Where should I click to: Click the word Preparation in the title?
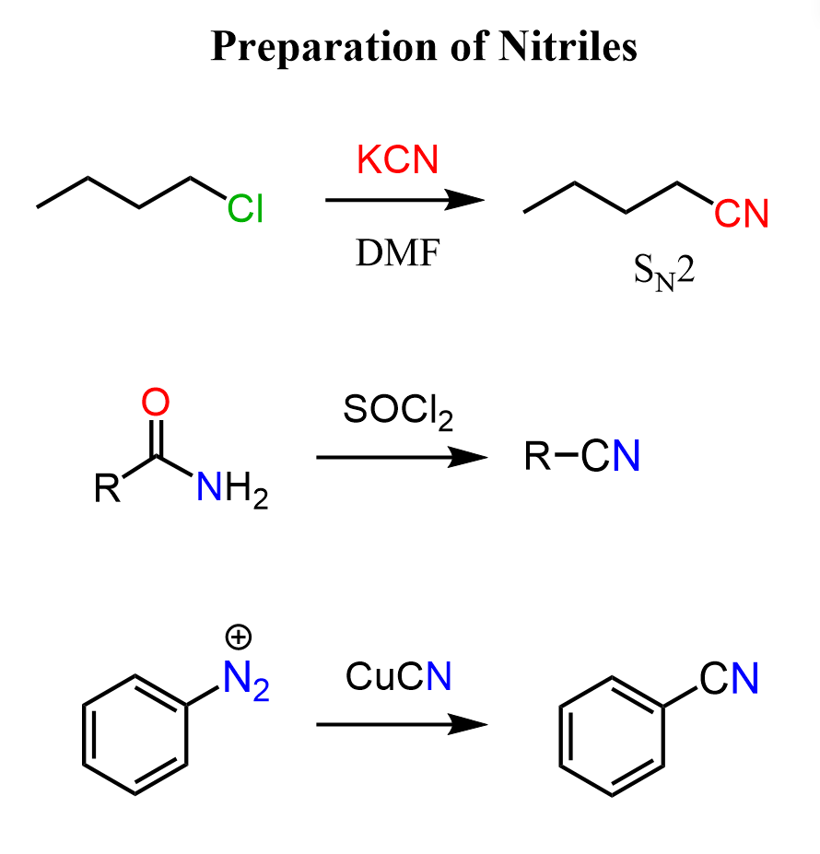[323, 47]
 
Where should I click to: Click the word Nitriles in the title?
[568, 46]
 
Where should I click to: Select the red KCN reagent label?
[397, 159]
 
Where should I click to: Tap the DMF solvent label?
[397, 252]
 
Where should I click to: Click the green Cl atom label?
[245, 208]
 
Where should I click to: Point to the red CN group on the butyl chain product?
[741, 214]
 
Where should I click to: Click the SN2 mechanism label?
[664, 272]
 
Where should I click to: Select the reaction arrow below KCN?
[404, 200]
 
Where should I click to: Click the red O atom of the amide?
[156, 402]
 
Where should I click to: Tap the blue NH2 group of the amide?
[232, 488]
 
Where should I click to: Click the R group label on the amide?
[107, 487]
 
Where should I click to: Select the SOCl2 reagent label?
[398, 412]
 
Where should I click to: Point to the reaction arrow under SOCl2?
[402, 457]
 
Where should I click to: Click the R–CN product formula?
[582, 455]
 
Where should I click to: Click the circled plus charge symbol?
[238, 637]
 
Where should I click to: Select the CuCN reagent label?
[398, 676]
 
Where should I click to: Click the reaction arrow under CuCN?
[402, 724]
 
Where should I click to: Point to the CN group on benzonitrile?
[729, 679]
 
